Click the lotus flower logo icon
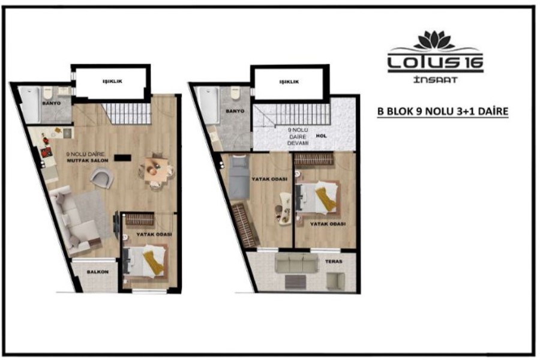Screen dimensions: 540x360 coord(434,40)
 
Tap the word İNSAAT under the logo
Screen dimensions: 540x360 coord(436,80)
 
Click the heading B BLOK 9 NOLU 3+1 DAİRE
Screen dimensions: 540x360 coord(443,111)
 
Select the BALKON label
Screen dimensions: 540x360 coord(98,272)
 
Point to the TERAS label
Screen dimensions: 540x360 coord(334,262)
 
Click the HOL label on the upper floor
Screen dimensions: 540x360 coord(321,136)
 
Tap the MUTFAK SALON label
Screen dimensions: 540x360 coord(88,161)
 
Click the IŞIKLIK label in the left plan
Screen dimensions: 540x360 coord(112,82)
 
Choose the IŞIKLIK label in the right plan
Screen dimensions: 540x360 coord(289,82)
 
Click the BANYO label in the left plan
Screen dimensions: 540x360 coord(52,103)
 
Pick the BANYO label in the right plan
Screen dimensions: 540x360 coord(235,111)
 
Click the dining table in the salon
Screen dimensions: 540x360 coord(156,169)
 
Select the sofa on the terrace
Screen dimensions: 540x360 coord(297,263)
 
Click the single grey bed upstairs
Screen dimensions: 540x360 coord(239,178)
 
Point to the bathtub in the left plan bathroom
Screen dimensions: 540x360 coord(29,104)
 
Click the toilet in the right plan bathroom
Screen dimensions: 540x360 coord(236,93)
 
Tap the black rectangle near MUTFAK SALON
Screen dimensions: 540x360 coord(122,158)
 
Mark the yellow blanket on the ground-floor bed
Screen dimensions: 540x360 coord(153,262)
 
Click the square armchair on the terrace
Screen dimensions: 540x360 coord(335,280)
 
